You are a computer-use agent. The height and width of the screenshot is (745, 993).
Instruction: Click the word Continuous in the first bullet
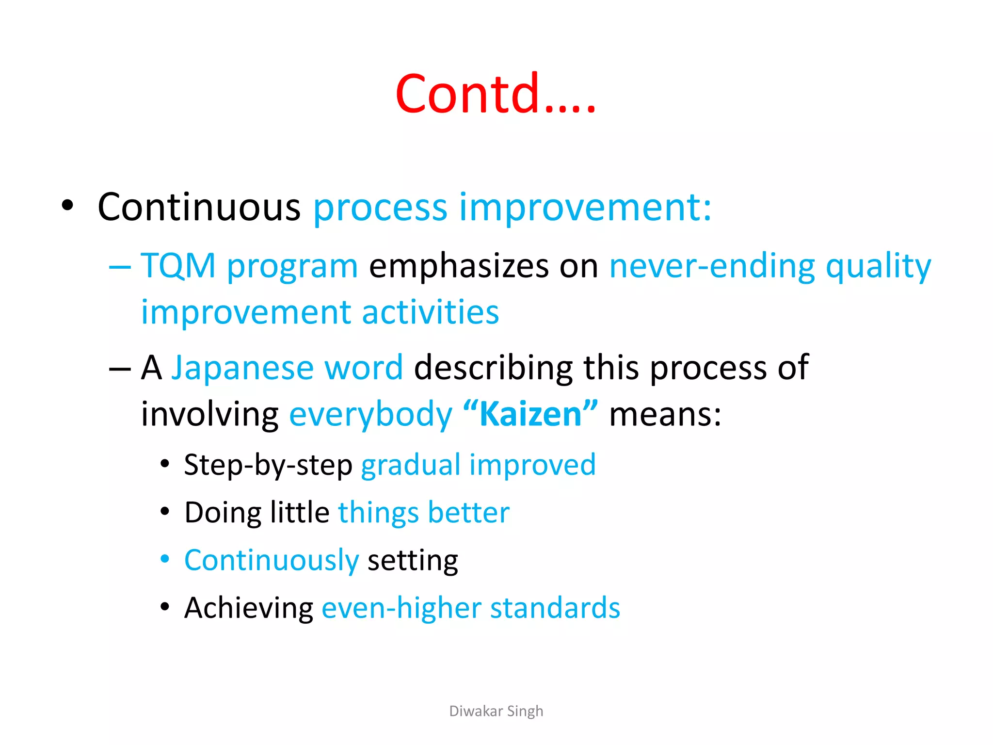coord(199,207)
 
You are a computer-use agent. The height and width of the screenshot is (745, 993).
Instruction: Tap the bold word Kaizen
coord(530,415)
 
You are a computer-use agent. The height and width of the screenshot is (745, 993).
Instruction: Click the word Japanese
coord(243,367)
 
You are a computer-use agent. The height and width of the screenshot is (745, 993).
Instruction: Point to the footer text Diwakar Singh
coord(496,711)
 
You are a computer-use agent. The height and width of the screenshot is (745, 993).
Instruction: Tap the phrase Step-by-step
coord(268,465)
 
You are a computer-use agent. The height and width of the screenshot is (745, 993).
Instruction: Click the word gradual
coord(411,465)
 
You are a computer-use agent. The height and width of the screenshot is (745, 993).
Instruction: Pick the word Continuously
coord(272,560)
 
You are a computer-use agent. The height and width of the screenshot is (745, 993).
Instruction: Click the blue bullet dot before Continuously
coord(165,559)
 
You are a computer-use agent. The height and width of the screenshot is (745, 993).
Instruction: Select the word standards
coord(555,608)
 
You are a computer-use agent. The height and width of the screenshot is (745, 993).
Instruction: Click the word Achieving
coord(249,608)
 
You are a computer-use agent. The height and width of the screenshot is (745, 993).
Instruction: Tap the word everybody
coord(370,415)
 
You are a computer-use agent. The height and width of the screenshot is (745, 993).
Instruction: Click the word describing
coord(493,367)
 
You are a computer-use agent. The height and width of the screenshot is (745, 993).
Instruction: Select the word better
coord(468,513)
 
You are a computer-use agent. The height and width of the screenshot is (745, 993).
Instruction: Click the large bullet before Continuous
coord(67,206)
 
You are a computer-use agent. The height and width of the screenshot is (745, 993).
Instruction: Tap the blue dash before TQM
coord(120,267)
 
